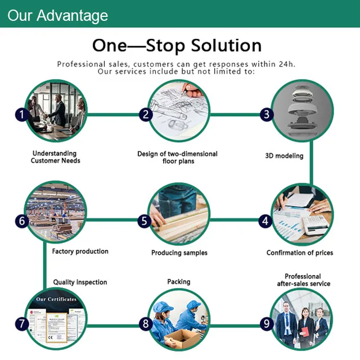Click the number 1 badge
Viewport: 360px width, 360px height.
21,115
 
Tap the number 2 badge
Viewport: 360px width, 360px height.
146,115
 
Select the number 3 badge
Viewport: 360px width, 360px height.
266,115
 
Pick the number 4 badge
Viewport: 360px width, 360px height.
265,221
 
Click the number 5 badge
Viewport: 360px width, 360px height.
145,221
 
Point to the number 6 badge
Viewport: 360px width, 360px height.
22,221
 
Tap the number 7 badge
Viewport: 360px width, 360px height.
22,323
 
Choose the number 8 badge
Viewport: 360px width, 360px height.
146,324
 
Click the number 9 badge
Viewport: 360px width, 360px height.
266,324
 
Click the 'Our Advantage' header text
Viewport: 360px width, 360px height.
57,15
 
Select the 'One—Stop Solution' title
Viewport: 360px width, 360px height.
177,46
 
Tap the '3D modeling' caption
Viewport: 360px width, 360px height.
284,156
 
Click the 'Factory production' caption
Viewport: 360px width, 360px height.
80,251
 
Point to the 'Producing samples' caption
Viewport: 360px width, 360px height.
179,253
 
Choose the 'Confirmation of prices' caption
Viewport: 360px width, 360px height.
300,253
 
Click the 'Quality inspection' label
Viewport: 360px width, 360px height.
80,282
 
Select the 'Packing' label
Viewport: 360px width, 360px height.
179,282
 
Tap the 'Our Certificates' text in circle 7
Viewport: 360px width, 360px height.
56,299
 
